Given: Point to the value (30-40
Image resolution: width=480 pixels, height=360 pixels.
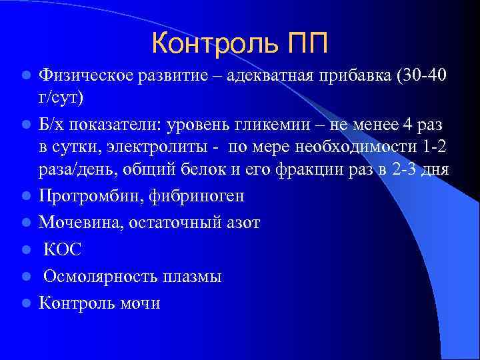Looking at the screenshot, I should [423, 74].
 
